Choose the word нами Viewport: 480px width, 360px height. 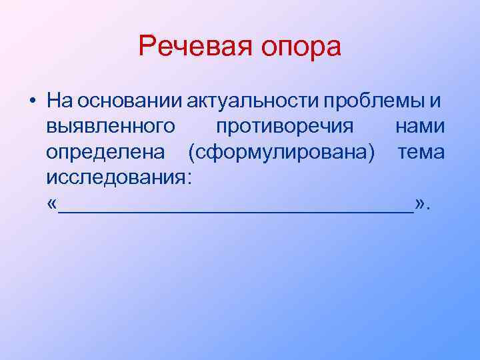(x=419, y=126)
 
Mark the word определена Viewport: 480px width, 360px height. (x=106, y=153)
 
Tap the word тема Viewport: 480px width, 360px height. (x=421, y=153)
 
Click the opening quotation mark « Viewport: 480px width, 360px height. (x=53, y=203)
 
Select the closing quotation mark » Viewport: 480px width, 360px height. (x=419, y=203)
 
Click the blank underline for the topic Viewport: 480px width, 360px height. (x=236, y=209)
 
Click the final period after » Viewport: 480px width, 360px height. (x=429, y=206)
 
